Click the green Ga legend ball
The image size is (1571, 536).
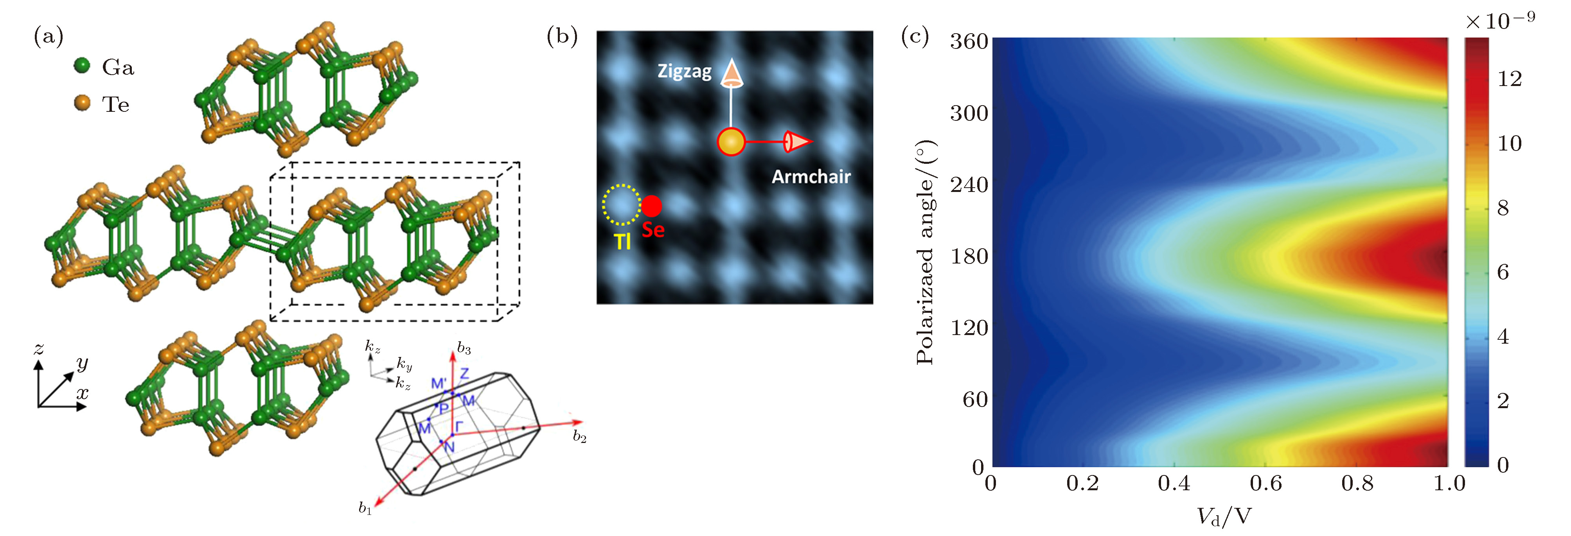(x=82, y=65)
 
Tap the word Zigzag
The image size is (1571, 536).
(x=684, y=72)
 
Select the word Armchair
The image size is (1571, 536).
(x=811, y=177)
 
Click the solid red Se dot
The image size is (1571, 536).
(x=651, y=206)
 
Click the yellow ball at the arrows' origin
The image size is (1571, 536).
(x=731, y=142)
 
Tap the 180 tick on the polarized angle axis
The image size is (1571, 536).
(x=969, y=256)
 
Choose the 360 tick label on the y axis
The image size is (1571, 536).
(x=969, y=41)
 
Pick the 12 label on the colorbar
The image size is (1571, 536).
(x=1510, y=79)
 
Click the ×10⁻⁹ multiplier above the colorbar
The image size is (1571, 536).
(x=1500, y=22)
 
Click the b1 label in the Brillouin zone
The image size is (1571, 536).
(x=365, y=508)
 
